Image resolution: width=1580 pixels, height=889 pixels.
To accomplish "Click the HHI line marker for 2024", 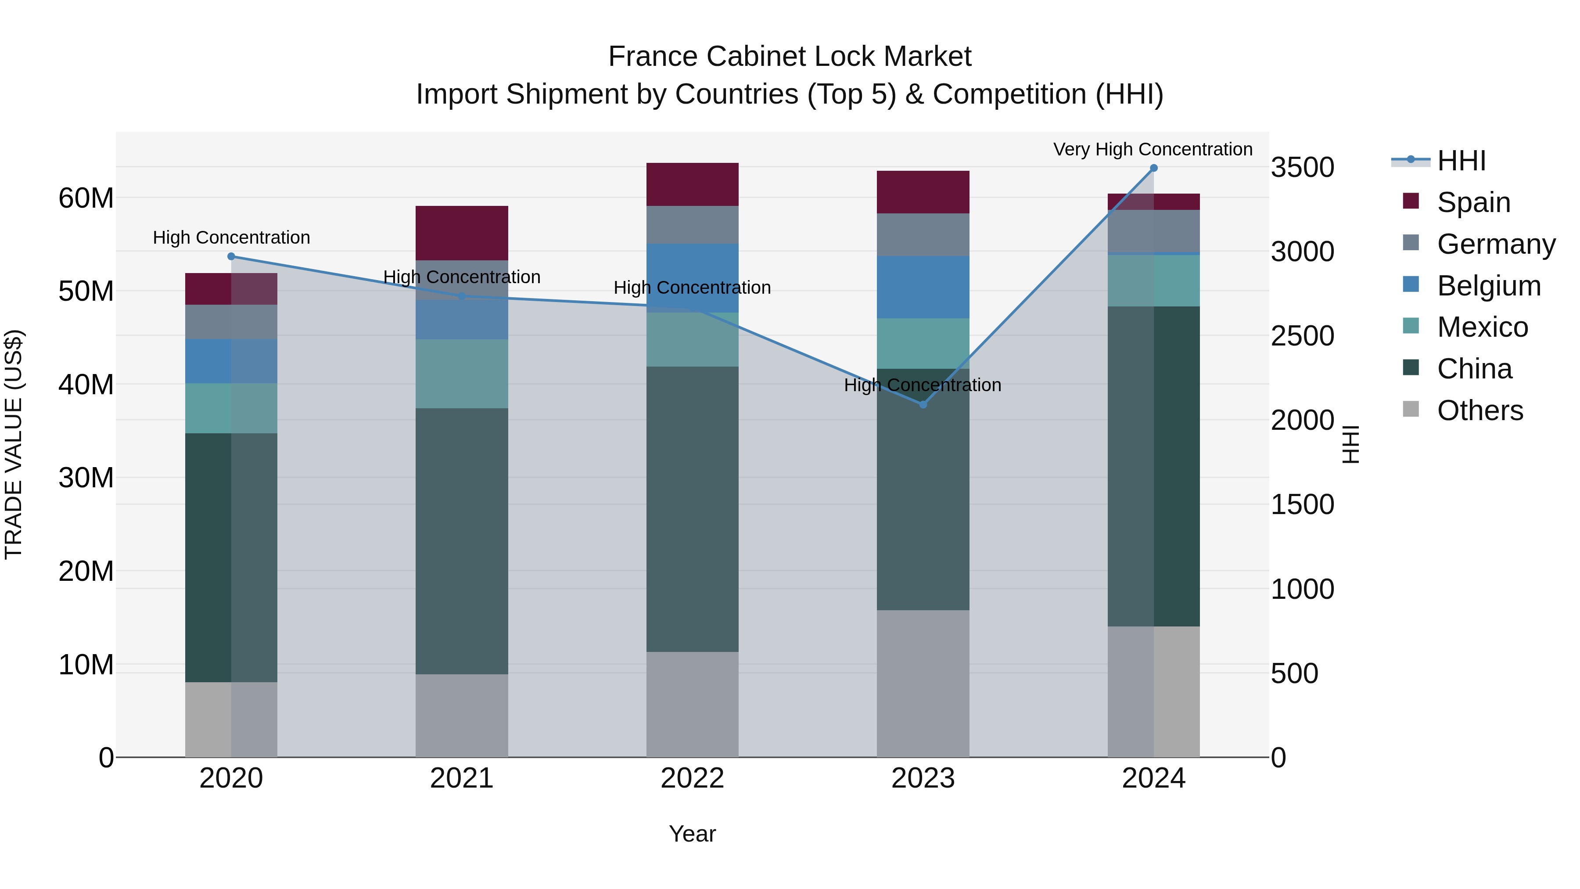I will pyautogui.click(x=1153, y=168).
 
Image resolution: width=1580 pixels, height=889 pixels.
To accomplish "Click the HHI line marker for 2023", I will pyautogui.click(x=923, y=404).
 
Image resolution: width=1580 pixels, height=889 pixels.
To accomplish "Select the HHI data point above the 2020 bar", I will pyautogui.click(x=231, y=256).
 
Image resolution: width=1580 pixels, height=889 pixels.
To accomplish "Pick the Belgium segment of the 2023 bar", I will pyautogui.click(x=923, y=287).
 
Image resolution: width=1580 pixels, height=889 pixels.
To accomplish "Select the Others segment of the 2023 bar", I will pyautogui.click(x=923, y=682).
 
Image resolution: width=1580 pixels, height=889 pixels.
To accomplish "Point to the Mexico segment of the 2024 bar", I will pyautogui.click(x=1153, y=281).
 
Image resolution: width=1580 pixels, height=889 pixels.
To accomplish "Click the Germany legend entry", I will pyautogui.click(x=1495, y=244).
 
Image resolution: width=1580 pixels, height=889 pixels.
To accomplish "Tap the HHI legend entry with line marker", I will pyautogui.click(x=1460, y=161).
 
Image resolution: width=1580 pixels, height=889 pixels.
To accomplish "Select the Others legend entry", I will pyautogui.click(x=1479, y=410).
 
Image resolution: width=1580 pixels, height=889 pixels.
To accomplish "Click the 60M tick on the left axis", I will pyautogui.click(x=86, y=198).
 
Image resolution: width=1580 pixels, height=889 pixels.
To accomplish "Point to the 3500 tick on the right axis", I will pyautogui.click(x=1302, y=168).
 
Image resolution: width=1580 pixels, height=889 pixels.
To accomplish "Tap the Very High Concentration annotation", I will pyautogui.click(x=1152, y=149).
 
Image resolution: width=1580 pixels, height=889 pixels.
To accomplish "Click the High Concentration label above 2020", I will pyautogui.click(x=231, y=238).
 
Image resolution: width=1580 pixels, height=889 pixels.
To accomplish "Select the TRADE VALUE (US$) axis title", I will pyautogui.click(x=14, y=444).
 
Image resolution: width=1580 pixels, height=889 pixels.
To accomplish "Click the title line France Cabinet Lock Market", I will pyautogui.click(x=790, y=57).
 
